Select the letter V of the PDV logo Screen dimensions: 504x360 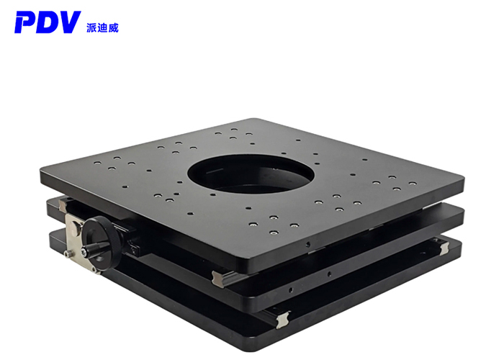point(69,22)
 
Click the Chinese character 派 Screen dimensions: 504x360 point(91,28)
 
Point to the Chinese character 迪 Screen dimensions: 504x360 point(102,28)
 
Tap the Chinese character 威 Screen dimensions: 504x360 point(113,28)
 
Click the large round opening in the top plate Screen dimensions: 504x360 point(251,174)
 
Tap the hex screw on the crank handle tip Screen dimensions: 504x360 point(84,252)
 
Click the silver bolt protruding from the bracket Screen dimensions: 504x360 point(68,254)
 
